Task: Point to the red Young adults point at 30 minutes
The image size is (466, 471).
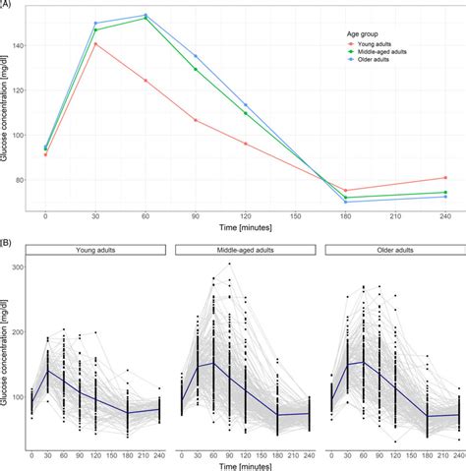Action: pyautogui.click(x=95, y=43)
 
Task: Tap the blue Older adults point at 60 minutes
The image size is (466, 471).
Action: pyautogui.click(x=146, y=15)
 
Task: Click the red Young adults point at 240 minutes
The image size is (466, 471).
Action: pyautogui.click(x=445, y=178)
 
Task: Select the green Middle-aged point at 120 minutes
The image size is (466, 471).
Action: pyautogui.click(x=246, y=113)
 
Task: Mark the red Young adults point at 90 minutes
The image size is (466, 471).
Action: pyautogui.click(x=196, y=120)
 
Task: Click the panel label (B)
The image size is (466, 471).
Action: pyautogui.click(x=8, y=239)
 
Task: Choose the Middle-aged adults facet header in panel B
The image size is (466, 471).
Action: pyautogui.click(x=245, y=251)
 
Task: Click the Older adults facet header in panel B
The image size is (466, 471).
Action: pyautogui.click(x=391, y=251)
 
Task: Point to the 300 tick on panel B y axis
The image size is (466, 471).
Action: pyautogui.click(x=19, y=266)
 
